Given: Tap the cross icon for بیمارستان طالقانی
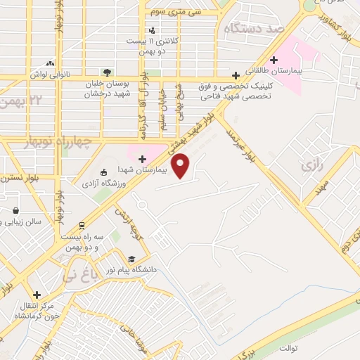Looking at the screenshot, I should click(x=274, y=60).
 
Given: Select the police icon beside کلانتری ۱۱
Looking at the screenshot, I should click(x=153, y=30).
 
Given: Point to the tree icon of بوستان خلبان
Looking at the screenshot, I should click(x=106, y=72).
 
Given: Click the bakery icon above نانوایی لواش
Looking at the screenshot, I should click(x=49, y=64).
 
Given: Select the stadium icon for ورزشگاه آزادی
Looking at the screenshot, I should click(x=104, y=172).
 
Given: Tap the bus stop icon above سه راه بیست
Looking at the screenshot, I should click(x=83, y=226).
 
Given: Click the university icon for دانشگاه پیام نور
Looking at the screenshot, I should click(x=131, y=258).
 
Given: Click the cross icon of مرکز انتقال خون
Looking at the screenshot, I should click(x=37, y=295).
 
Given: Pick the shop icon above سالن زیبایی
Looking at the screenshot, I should click(x=15, y=210).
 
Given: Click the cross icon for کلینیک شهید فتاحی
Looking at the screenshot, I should click(x=236, y=77).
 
